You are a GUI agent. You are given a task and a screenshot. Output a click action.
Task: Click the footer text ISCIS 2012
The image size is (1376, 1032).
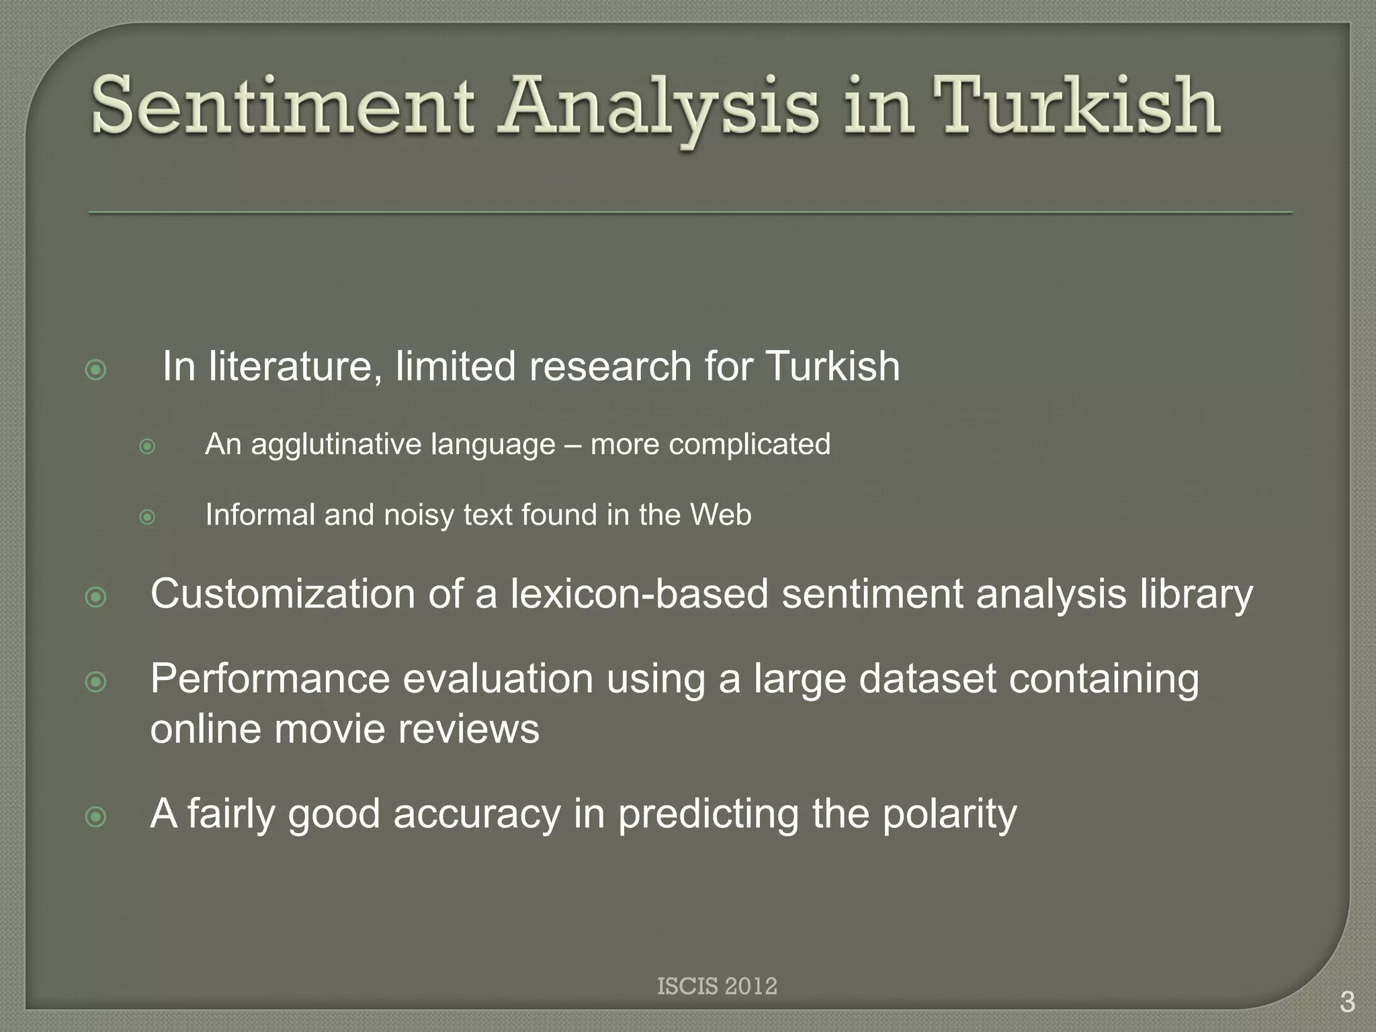[x=717, y=986]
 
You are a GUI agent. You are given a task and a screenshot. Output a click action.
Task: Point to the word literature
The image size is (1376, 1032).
[x=296, y=367]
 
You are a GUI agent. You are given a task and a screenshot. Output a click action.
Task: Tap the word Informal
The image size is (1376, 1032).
[x=260, y=515]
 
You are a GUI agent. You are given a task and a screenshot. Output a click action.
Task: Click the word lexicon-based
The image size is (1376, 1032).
[x=639, y=595]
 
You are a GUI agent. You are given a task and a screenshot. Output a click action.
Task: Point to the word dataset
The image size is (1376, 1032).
[x=927, y=679]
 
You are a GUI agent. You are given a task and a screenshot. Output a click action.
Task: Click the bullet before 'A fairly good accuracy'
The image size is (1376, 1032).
[x=96, y=816]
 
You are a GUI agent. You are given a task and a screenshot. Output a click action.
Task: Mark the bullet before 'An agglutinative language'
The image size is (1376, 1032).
[x=147, y=446]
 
